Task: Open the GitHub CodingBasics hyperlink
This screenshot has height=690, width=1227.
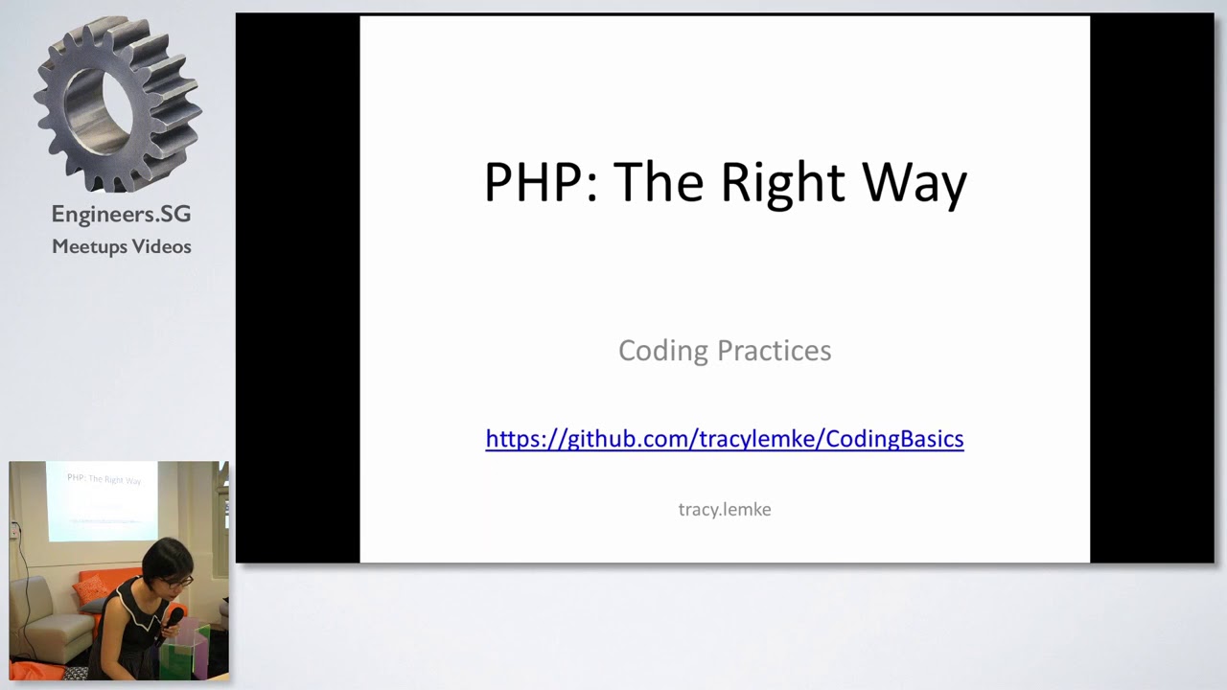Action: [x=724, y=439]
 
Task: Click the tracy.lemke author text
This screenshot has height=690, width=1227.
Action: [x=724, y=510]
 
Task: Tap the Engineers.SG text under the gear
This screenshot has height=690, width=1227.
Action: [x=121, y=214]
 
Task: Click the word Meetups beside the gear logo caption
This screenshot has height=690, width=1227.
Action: [x=89, y=247]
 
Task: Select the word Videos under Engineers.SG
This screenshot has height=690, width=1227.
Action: [x=162, y=247]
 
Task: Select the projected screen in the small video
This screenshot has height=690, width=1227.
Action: [x=104, y=498]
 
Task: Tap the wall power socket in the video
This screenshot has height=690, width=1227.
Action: [x=15, y=529]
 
